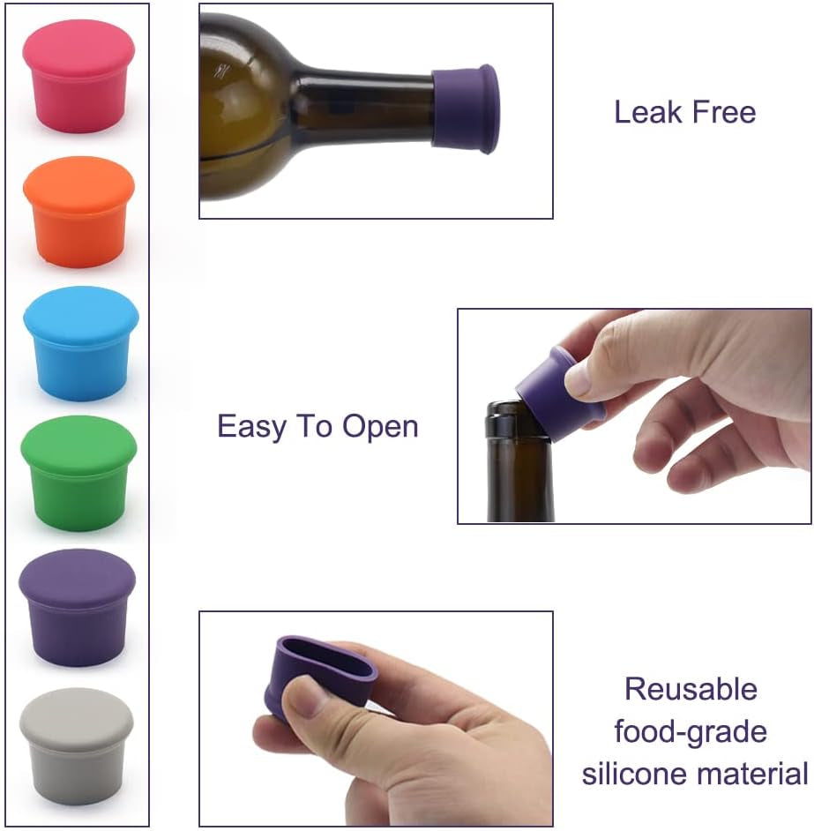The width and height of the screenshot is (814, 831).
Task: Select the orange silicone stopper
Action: [x=78, y=211]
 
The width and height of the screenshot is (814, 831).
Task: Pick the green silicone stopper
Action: [x=78, y=473]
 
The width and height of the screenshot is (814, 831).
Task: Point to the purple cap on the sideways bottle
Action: [x=466, y=107]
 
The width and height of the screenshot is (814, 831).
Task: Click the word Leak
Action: [x=646, y=112]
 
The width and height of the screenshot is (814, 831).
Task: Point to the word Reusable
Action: [x=691, y=688]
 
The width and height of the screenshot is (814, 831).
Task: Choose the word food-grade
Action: [x=691, y=731]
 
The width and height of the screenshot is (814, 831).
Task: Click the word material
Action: [x=752, y=774]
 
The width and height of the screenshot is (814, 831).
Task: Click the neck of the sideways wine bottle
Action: [x=362, y=110]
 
